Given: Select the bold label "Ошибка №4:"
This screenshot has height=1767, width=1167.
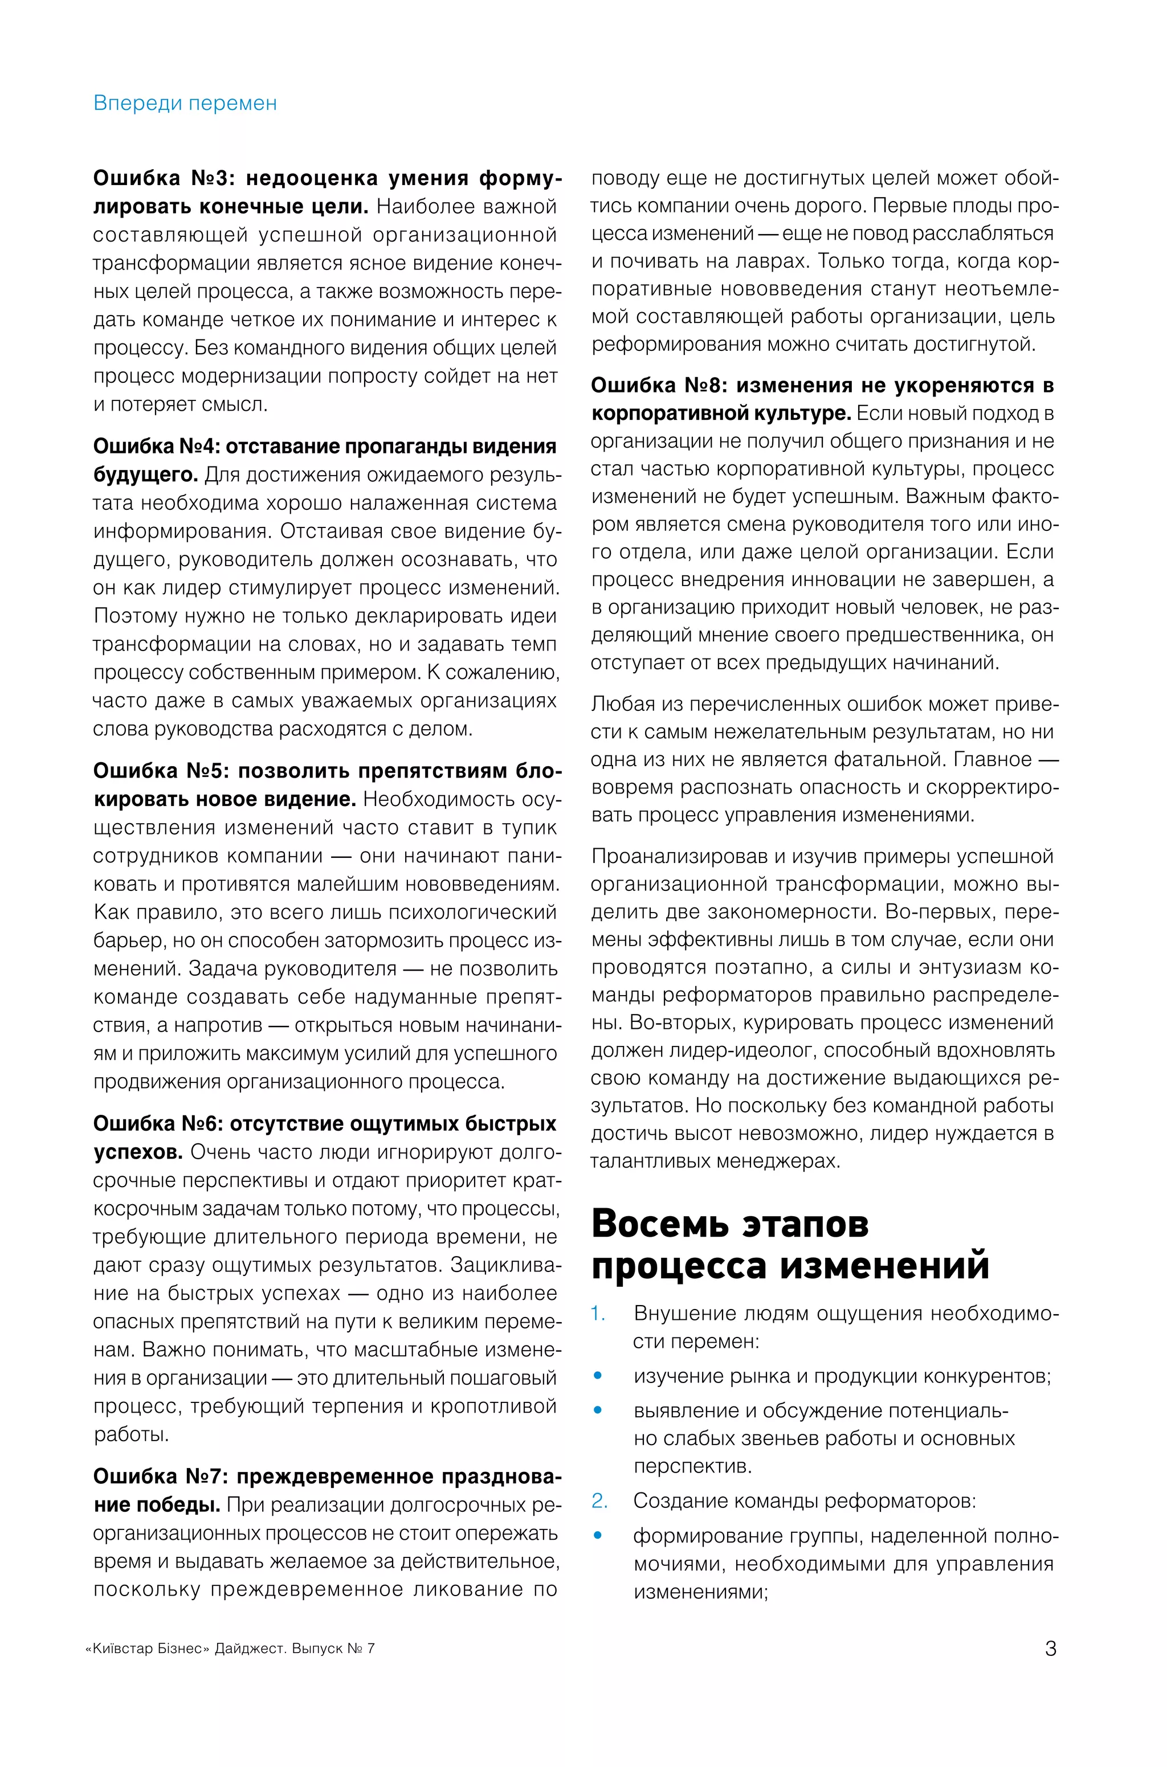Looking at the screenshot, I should tap(156, 447).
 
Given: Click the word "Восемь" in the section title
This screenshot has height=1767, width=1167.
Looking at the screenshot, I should tap(659, 1224).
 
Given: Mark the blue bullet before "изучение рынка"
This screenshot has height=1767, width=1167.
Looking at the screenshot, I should tap(598, 1376).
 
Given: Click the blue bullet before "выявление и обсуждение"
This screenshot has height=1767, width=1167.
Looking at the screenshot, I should tap(598, 1410).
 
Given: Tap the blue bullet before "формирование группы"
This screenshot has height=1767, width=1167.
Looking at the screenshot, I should tap(598, 1536).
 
